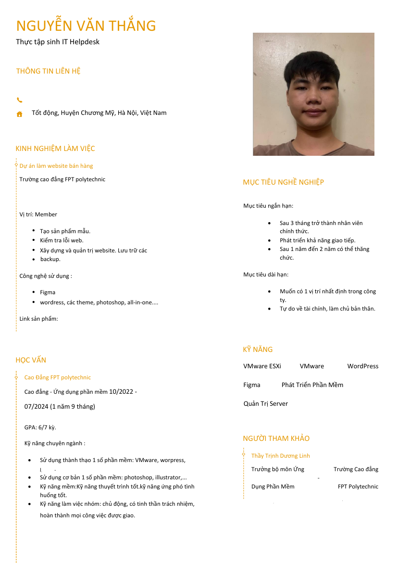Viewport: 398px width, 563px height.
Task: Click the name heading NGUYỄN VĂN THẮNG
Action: click(86, 25)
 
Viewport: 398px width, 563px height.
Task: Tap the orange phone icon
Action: click(20, 100)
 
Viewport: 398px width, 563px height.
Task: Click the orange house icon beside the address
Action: click(20, 114)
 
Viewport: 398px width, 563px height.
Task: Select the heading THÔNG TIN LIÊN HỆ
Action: click(49, 71)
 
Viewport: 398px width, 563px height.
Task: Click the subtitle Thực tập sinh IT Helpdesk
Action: click(58, 42)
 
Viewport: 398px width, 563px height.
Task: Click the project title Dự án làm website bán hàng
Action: click(56, 166)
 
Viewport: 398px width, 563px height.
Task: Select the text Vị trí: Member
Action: click(38, 214)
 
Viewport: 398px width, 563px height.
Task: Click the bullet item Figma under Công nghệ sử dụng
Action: click(48, 292)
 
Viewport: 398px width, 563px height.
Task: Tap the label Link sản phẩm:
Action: click(38, 319)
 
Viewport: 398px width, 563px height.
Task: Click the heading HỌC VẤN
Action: click(31, 360)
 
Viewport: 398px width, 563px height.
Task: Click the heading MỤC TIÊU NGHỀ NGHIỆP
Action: click(283, 182)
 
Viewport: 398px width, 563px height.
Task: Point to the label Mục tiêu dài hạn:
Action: click(266, 275)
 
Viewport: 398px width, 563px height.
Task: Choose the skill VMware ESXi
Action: click(262, 366)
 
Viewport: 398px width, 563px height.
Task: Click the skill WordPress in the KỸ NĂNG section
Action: click(362, 366)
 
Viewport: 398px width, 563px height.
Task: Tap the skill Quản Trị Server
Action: click(266, 404)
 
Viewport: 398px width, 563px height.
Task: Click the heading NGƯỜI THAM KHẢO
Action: click(276, 438)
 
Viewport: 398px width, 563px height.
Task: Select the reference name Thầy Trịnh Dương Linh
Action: click(280, 456)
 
